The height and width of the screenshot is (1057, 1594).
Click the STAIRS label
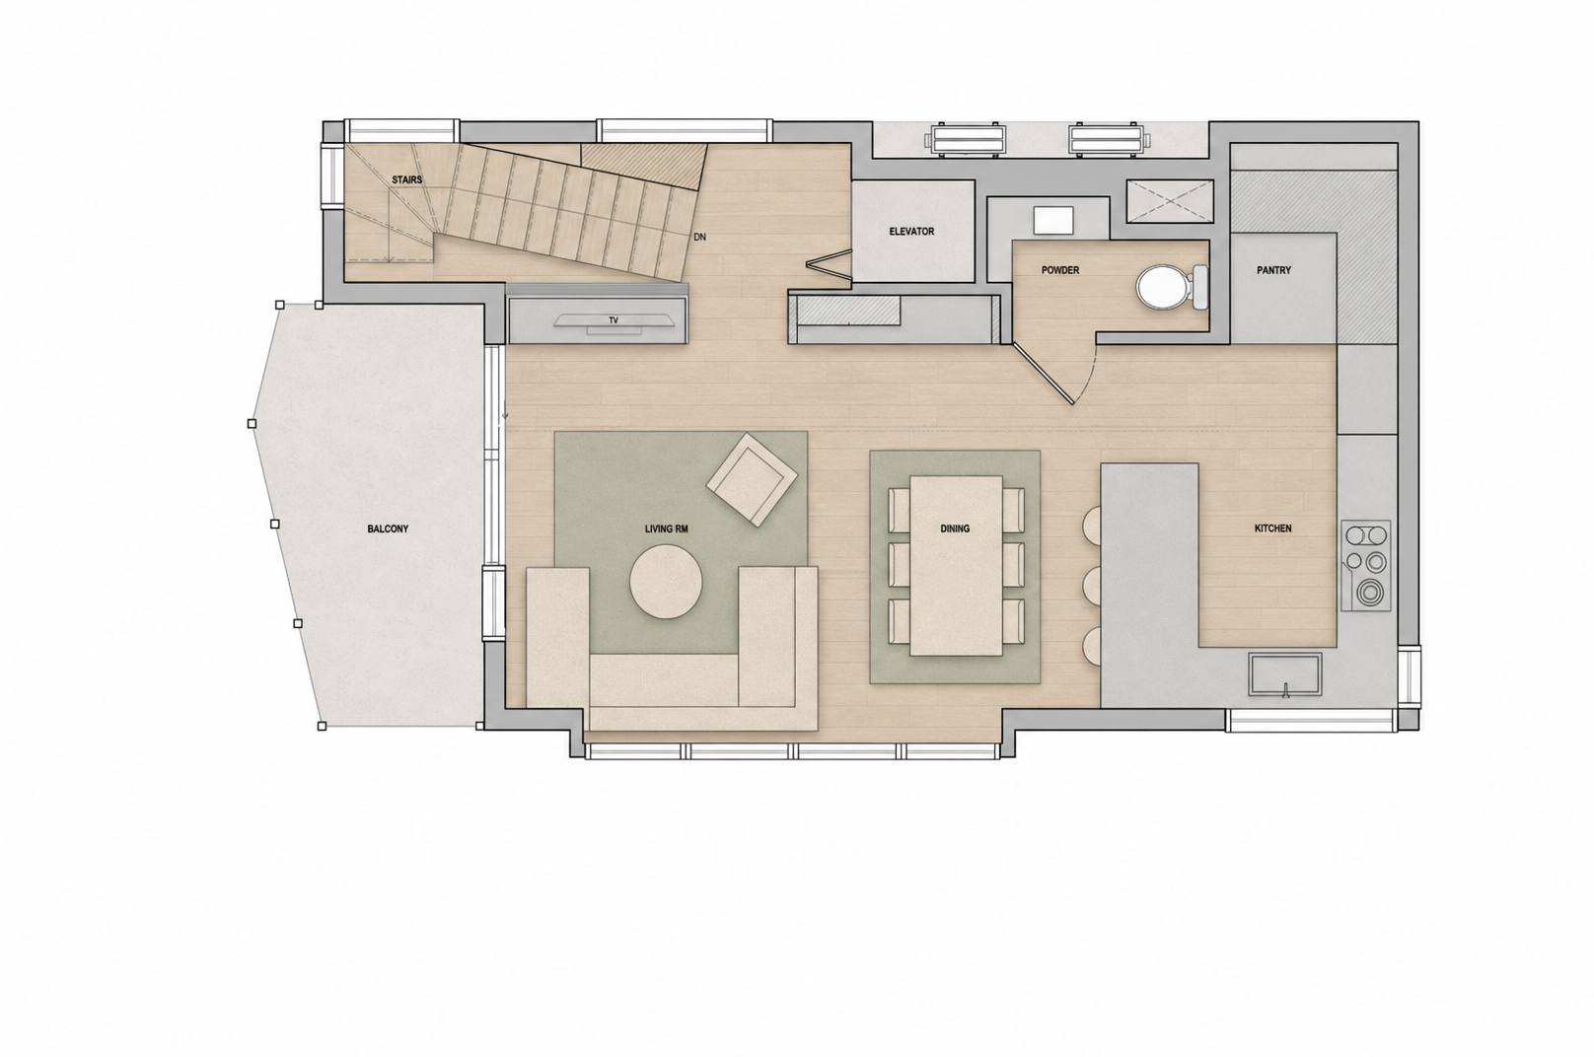[407, 180]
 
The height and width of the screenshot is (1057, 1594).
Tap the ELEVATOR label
[911, 231]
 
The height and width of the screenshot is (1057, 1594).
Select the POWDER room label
[1060, 270]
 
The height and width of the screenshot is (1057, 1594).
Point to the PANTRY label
[1273, 270]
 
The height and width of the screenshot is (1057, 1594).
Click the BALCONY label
[388, 529]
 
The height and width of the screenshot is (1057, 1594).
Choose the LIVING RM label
[667, 529]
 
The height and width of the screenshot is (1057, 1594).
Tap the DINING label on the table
[955, 528]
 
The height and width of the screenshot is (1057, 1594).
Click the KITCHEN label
[1273, 528]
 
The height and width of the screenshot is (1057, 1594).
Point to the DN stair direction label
[700, 237]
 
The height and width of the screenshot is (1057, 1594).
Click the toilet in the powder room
[1171, 287]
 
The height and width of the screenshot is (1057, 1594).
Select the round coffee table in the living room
[666, 581]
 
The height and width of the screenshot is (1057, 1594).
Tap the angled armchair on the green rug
[752, 479]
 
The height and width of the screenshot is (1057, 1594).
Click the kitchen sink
[1285, 673]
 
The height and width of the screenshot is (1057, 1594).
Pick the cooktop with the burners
[1366, 566]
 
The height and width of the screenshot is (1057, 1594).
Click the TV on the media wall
[615, 321]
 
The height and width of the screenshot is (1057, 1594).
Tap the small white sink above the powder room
[1053, 221]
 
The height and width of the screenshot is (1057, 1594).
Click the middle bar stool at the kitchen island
[1092, 585]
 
